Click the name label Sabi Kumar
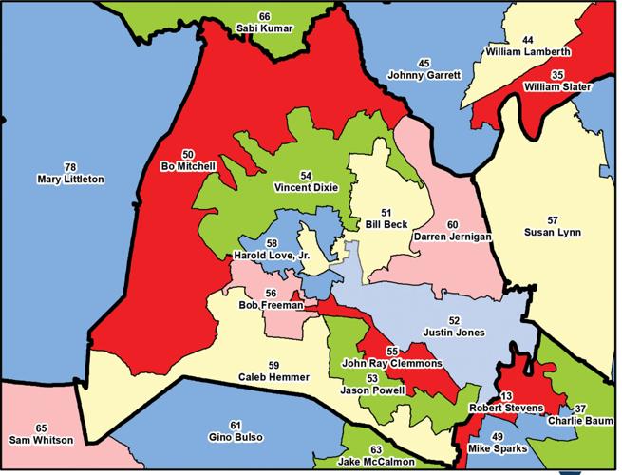[265, 29]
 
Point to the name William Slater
[557, 87]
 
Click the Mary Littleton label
[71, 179]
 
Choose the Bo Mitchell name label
[188, 166]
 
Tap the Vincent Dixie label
[305, 188]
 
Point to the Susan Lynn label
[552, 232]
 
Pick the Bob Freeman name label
[271, 306]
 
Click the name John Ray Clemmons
[392, 364]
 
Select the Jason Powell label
[372, 389]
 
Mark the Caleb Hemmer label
[273, 377]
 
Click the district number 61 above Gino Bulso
[235, 425]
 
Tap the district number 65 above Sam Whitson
[40, 427]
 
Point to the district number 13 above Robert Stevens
[506, 395]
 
